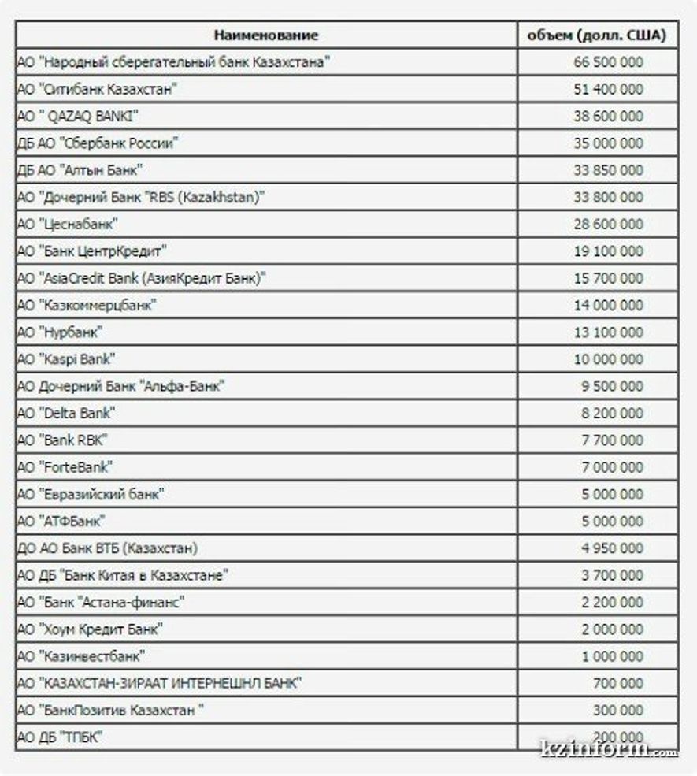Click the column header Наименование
point(266,35)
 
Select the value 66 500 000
point(609,62)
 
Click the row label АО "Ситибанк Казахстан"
point(96,89)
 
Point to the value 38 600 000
point(609,117)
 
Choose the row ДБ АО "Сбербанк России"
point(98,143)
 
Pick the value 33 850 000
point(609,170)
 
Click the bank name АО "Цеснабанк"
point(68,225)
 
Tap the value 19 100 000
point(609,251)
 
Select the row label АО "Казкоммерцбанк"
point(86,305)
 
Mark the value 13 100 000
point(609,332)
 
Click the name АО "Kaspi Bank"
point(66,359)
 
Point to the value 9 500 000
point(613,386)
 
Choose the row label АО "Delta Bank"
point(66,413)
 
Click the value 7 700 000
point(613,440)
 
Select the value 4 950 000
point(613,548)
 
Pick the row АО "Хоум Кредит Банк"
point(90,629)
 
